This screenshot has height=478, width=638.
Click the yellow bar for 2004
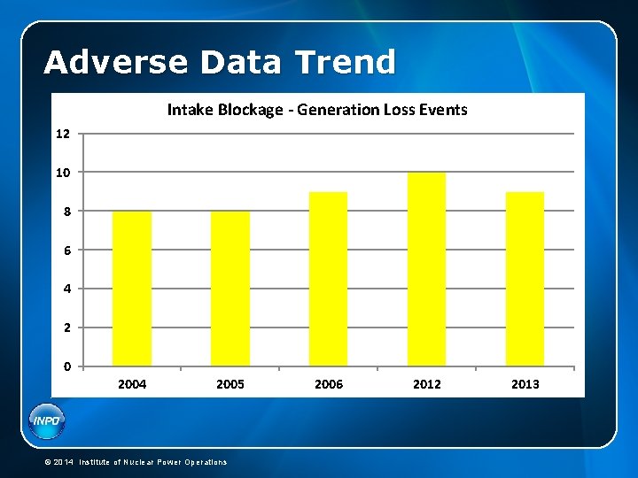[132, 289]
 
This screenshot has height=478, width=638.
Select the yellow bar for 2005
[230, 289]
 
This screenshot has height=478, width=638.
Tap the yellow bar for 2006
[328, 279]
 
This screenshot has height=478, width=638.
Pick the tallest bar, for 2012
[426, 269]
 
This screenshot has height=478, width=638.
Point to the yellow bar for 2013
[525, 279]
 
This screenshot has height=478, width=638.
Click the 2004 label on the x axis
[132, 384]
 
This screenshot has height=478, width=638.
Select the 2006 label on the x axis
[328, 384]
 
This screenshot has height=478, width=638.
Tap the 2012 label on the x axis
[426, 384]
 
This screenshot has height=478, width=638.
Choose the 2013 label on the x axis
[525, 384]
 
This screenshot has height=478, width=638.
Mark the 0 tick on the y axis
[66, 366]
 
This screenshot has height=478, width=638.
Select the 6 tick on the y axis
[66, 250]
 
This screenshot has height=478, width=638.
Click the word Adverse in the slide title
[116, 63]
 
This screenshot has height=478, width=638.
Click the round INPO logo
[46, 420]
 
